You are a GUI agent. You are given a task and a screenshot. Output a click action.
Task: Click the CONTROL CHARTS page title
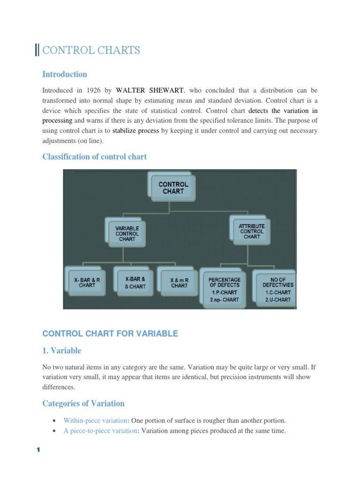[x=91, y=50]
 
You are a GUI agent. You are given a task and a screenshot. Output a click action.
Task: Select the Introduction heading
[x=65, y=74]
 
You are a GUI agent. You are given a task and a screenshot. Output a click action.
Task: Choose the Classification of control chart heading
[x=94, y=157]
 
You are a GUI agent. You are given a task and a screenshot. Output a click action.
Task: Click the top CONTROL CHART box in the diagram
[x=173, y=188]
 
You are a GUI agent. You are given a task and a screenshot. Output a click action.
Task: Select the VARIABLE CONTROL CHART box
[x=127, y=233]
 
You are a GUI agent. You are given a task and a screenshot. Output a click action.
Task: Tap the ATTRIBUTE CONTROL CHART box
[x=252, y=231]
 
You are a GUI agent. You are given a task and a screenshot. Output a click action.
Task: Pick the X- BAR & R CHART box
[x=87, y=282]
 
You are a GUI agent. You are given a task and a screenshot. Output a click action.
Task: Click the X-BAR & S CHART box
[x=135, y=283]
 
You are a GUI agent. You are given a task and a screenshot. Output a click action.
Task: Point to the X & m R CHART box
[x=179, y=283]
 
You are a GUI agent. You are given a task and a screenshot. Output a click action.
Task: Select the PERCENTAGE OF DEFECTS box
[x=225, y=289]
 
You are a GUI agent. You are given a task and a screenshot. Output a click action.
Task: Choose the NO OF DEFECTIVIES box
[x=277, y=289]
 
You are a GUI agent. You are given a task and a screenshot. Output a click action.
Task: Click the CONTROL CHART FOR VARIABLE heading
[x=110, y=334]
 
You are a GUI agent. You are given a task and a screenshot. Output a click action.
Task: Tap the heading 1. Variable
[x=61, y=351]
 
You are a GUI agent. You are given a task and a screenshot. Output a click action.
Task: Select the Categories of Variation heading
[x=83, y=403]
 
